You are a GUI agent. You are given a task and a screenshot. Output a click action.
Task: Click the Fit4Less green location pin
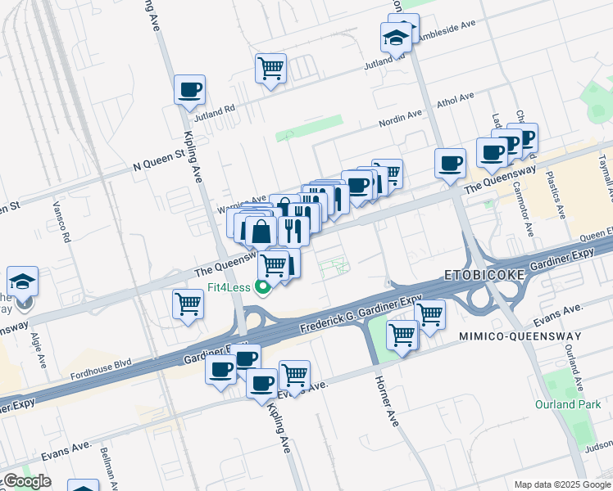[x=263, y=287]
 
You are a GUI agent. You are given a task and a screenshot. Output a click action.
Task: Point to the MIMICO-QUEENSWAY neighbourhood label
[x=519, y=336]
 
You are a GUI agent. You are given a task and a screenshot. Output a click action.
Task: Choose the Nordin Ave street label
[x=400, y=119]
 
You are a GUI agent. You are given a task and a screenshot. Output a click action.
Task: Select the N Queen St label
[x=159, y=160]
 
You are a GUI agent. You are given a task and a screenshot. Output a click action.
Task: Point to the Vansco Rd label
[x=62, y=222]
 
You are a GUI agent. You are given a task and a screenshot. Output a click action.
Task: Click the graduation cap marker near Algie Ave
[x=22, y=282]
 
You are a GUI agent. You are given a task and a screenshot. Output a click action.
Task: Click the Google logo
[x=27, y=481]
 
